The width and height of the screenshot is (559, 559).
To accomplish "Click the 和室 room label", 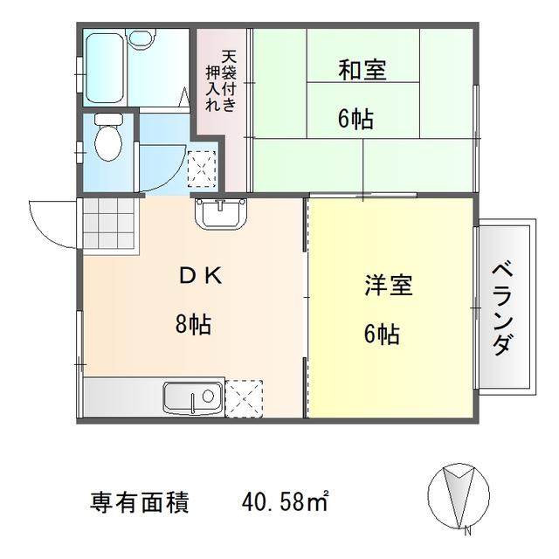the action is [362, 70].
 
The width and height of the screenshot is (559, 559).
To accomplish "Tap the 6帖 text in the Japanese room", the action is [355, 119].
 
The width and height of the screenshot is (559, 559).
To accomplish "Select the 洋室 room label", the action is [388, 286].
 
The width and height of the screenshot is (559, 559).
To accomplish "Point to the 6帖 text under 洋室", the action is [382, 334].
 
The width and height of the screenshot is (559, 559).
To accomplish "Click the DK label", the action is [202, 276].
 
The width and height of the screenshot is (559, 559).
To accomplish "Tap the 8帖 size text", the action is [193, 324].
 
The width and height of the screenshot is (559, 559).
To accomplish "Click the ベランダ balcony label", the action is [503, 309].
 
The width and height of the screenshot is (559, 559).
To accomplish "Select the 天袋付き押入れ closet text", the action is [221, 81].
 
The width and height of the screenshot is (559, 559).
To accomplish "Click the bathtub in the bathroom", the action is [105, 68].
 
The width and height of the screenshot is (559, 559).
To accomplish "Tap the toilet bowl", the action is [108, 138].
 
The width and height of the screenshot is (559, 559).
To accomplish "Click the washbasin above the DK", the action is [221, 213].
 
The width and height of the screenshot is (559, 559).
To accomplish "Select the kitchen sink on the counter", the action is [194, 397].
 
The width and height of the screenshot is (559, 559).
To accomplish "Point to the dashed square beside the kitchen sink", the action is [244, 398].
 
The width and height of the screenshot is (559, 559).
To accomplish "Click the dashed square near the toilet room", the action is [202, 169].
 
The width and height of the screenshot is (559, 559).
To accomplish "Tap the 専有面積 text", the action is [139, 502].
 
